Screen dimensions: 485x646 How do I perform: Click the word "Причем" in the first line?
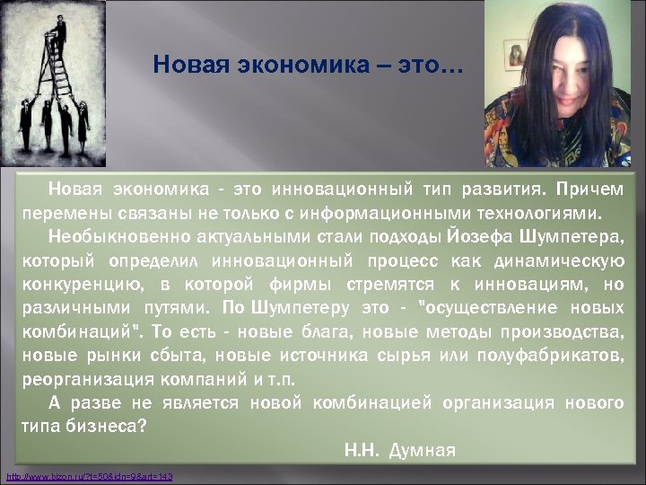(589, 190)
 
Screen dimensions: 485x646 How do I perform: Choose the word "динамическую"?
(566, 261)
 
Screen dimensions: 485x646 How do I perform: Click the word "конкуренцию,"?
(80, 285)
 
